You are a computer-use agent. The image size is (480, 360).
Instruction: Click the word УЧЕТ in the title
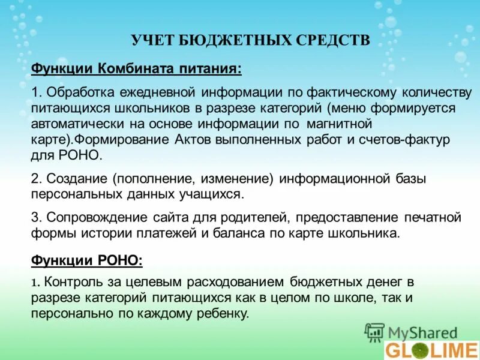151,40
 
